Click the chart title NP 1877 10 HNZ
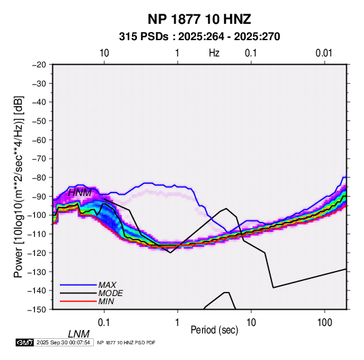pyautogui.click(x=199, y=19)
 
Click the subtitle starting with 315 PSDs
pyautogui.click(x=199, y=37)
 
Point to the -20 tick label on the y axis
pyautogui.click(x=39, y=65)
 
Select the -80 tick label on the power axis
pyautogui.click(x=39, y=178)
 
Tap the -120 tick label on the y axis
pyautogui.click(x=37, y=252)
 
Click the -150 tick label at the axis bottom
pyautogui.click(x=37, y=310)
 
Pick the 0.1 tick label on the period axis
pyautogui.click(x=104, y=323)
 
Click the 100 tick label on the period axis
pyautogui.click(x=325, y=323)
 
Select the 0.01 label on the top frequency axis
pyautogui.click(x=324, y=53)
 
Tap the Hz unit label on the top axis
pyautogui.click(x=214, y=53)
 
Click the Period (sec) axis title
pyautogui.click(x=214, y=329)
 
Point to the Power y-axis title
pyautogui.click(x=19, y=186)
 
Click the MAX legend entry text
pyautogui.click(x=107, y=284)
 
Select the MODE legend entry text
pyautogui.click(x=110, y=293)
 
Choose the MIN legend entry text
pyautogui.click(x=106, y=301)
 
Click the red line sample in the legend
pyautogui.click(x=78, y=301)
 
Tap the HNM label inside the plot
pyautogui.click(x=80, y=193)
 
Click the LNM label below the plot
pyautogui.click(x=79, y=334)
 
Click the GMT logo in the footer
pyautogui.click(x=25, y=342)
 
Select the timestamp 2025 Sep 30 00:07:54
pyautogui.click(x=63, y=342)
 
